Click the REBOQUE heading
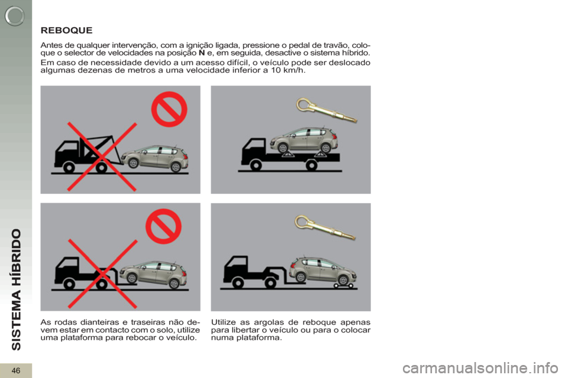click(x=67, y=30)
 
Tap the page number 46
click(x=16, y=370)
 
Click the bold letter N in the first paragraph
click(x=202, y=53)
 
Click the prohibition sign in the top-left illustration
click(x=169, y=109)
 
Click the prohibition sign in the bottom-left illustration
click(x=163, y=226)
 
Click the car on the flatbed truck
click(x=304, y=139)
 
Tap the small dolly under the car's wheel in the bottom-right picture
click(x=343, y=286)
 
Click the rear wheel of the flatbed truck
click(x=312, y=165)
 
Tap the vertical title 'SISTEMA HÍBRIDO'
click(x=17, y=290)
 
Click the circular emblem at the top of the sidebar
click(x=15, y=16)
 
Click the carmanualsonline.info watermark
click(x=480, y=369)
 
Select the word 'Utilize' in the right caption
click(x=224, y=322)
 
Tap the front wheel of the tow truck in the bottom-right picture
click(x=238, y=283)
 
